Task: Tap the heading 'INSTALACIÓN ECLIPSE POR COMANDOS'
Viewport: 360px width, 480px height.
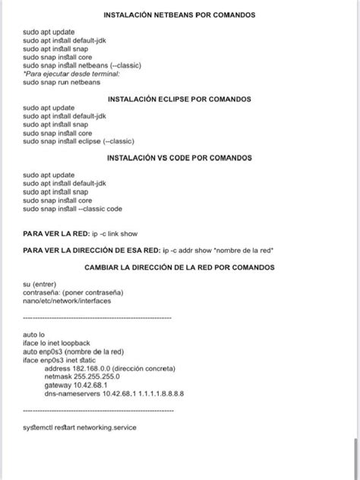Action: point(180,99)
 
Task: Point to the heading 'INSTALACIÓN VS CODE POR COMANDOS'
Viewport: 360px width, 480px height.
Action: point(180,158)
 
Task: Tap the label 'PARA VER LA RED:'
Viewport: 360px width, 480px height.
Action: point(55,232)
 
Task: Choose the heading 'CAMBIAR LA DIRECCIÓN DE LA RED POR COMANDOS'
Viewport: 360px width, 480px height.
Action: point(180,267)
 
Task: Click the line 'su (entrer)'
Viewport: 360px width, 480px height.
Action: point(39,284)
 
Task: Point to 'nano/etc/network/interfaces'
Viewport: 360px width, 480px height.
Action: point(68,301)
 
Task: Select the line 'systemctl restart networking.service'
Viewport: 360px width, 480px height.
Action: point(80,427)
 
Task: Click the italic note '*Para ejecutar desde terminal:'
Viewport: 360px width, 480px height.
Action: point(72,74)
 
